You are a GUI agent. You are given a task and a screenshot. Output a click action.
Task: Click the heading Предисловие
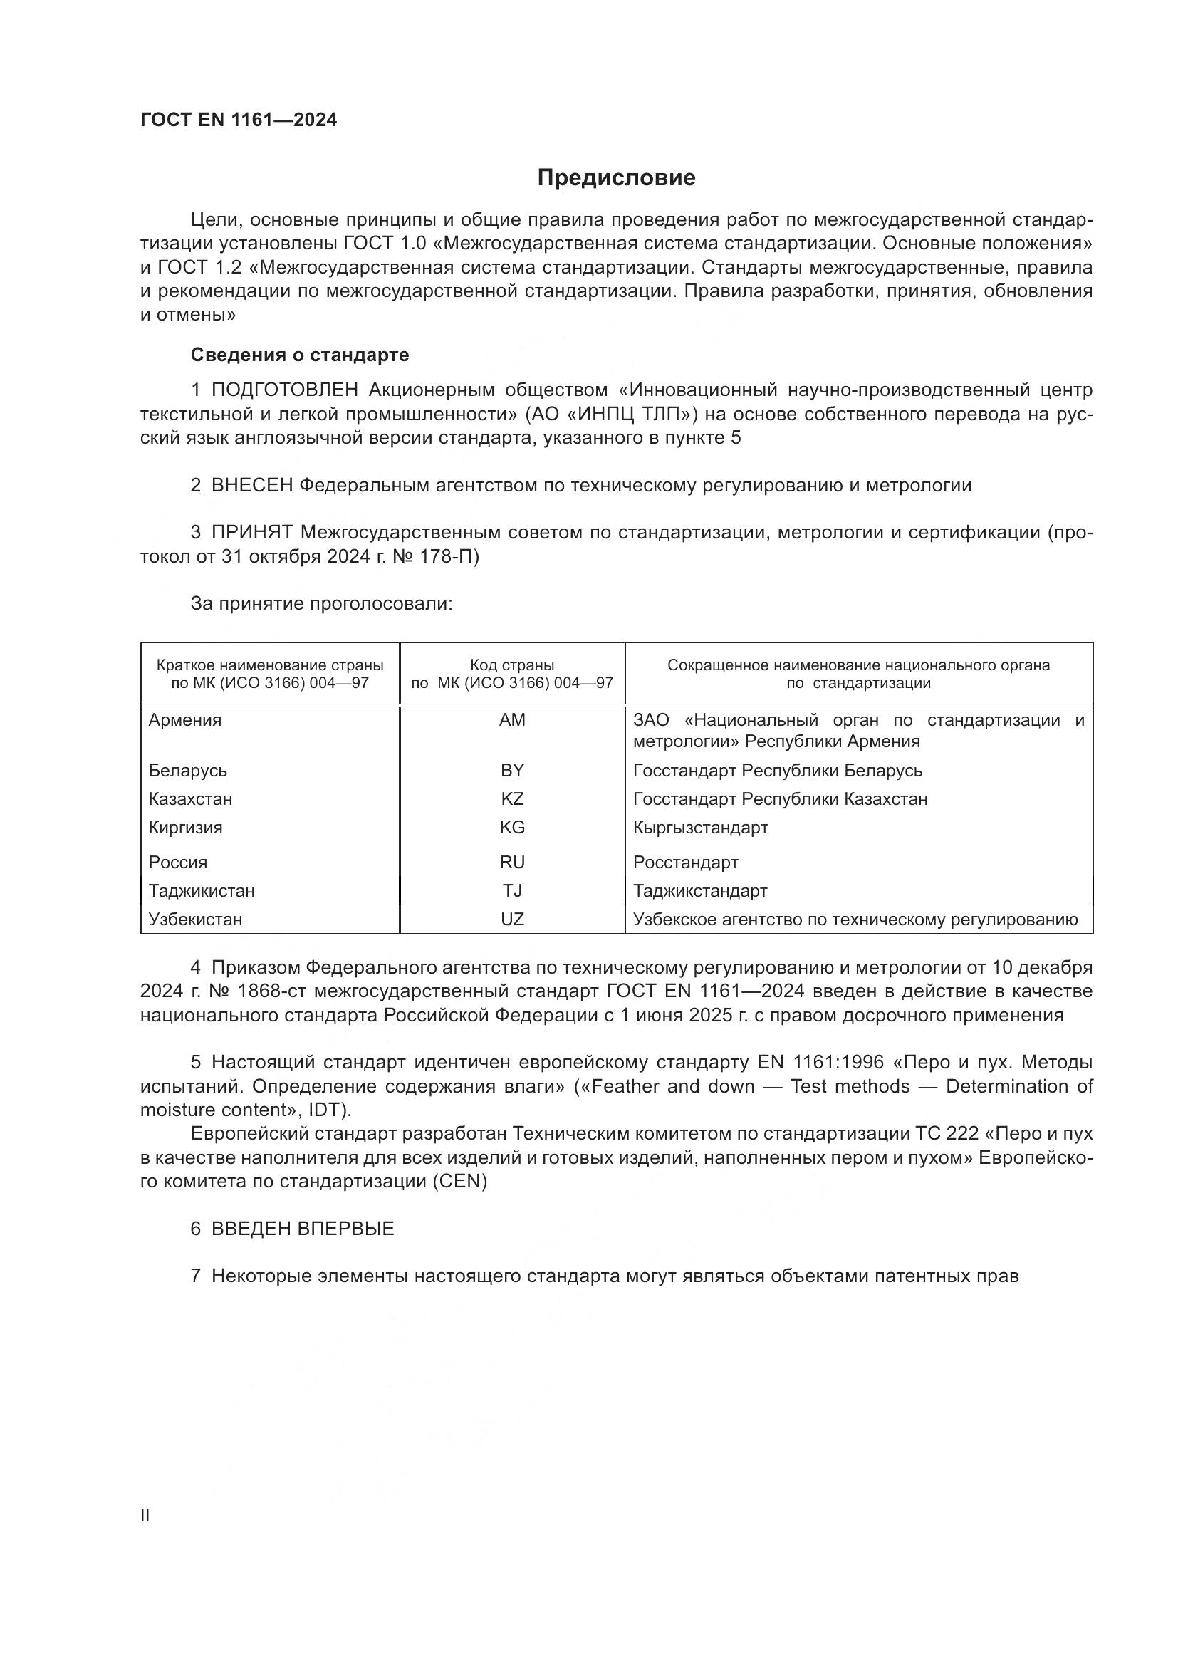pyautogui.click(x=616, y=178)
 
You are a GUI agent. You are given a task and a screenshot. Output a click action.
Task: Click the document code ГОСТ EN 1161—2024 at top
pyautogui.click(x=239, y=120)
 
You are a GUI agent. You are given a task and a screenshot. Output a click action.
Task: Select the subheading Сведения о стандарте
pyautogui.click(x=300, y=355)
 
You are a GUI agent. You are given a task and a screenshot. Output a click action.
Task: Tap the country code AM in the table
pyautogui.click(x=512, y=720)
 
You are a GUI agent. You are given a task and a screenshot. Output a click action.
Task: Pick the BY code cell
pyautogui.click(x=512, y=770)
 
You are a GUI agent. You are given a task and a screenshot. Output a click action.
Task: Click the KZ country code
pyautogui.click(x=512, y=799)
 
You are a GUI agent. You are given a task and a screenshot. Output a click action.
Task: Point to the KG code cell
pyautogui.click(x=512, y=827)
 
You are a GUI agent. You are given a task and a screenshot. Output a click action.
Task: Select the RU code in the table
pyautogui.click(x=512, y=862)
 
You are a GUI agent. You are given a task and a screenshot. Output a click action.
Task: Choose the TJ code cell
pyautogui.click(x=512, y=890)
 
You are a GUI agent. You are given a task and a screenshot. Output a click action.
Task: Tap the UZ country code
pyautogui.click(x=512, y=920)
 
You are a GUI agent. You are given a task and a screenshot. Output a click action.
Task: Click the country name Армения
pyautogui.click(x=185, y=720)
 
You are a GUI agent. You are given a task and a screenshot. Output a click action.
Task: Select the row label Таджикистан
pyautogui.click(x=202, y=890)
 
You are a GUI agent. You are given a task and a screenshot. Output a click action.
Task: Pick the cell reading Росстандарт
pyautogui.click(x=685, y=862)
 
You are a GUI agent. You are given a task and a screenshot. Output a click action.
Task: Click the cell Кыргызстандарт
pyautogui.click(x=701, y=827)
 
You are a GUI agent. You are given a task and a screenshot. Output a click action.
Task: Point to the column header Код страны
pyautogui.click(x=512, y=665)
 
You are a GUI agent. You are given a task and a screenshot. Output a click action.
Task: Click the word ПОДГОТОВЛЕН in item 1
pyautogui.click(x=284, y=390)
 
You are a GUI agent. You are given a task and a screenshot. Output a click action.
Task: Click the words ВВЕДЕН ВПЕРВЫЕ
pyautogui.click(x=303, y=1229)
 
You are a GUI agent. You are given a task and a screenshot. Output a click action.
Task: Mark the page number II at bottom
pyautogui.click(x=145, y=1516)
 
